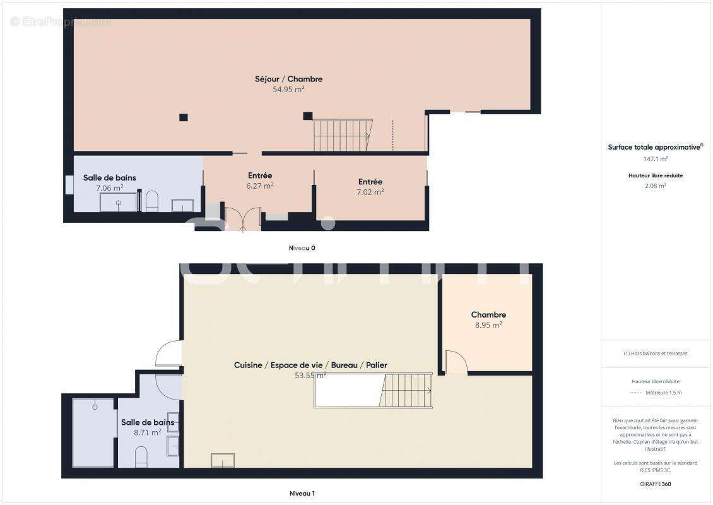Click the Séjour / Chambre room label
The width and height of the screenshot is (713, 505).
pyautogui.click(x=288, y=79)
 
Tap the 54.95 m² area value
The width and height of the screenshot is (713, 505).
pyautogui.click(x=288, y=90)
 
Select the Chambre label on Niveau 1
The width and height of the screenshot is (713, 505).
pyautogui.click(x=488, y=315)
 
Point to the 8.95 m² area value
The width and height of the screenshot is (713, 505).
pyautogui.click(x=488, y=325)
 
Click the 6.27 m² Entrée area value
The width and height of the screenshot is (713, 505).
pyautogui.click(x=259, y=186)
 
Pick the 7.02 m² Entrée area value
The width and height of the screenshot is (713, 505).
pyautogui.click(x=370, y=192)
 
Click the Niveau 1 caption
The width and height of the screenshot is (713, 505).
pyautogui.click(x=302, y=493)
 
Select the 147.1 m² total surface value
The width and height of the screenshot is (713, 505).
pyautogui.click(x=656, y=160)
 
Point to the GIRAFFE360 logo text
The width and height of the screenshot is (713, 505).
pyautogui.click(x=656, y=484)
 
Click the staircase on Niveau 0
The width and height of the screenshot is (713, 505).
pyautogui.click(x=342, y=135)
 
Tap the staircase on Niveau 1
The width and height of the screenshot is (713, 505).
pyautogui.click(x=407, y=391)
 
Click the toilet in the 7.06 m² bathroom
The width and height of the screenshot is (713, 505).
pyautogui.click(x=151, y=201)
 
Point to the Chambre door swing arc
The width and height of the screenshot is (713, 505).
pyautogui.click(x=456, y=362)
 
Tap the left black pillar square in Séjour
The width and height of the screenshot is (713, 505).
pyautogui.click(x=183, y=117)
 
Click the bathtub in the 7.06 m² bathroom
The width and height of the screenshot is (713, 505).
pyautogui.click(x=119, y=203)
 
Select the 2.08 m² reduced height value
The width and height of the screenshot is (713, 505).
pyautogui.click(x=656, y=186)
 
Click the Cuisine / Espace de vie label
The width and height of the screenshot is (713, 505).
pyautogui.click(x=310, y=365)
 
